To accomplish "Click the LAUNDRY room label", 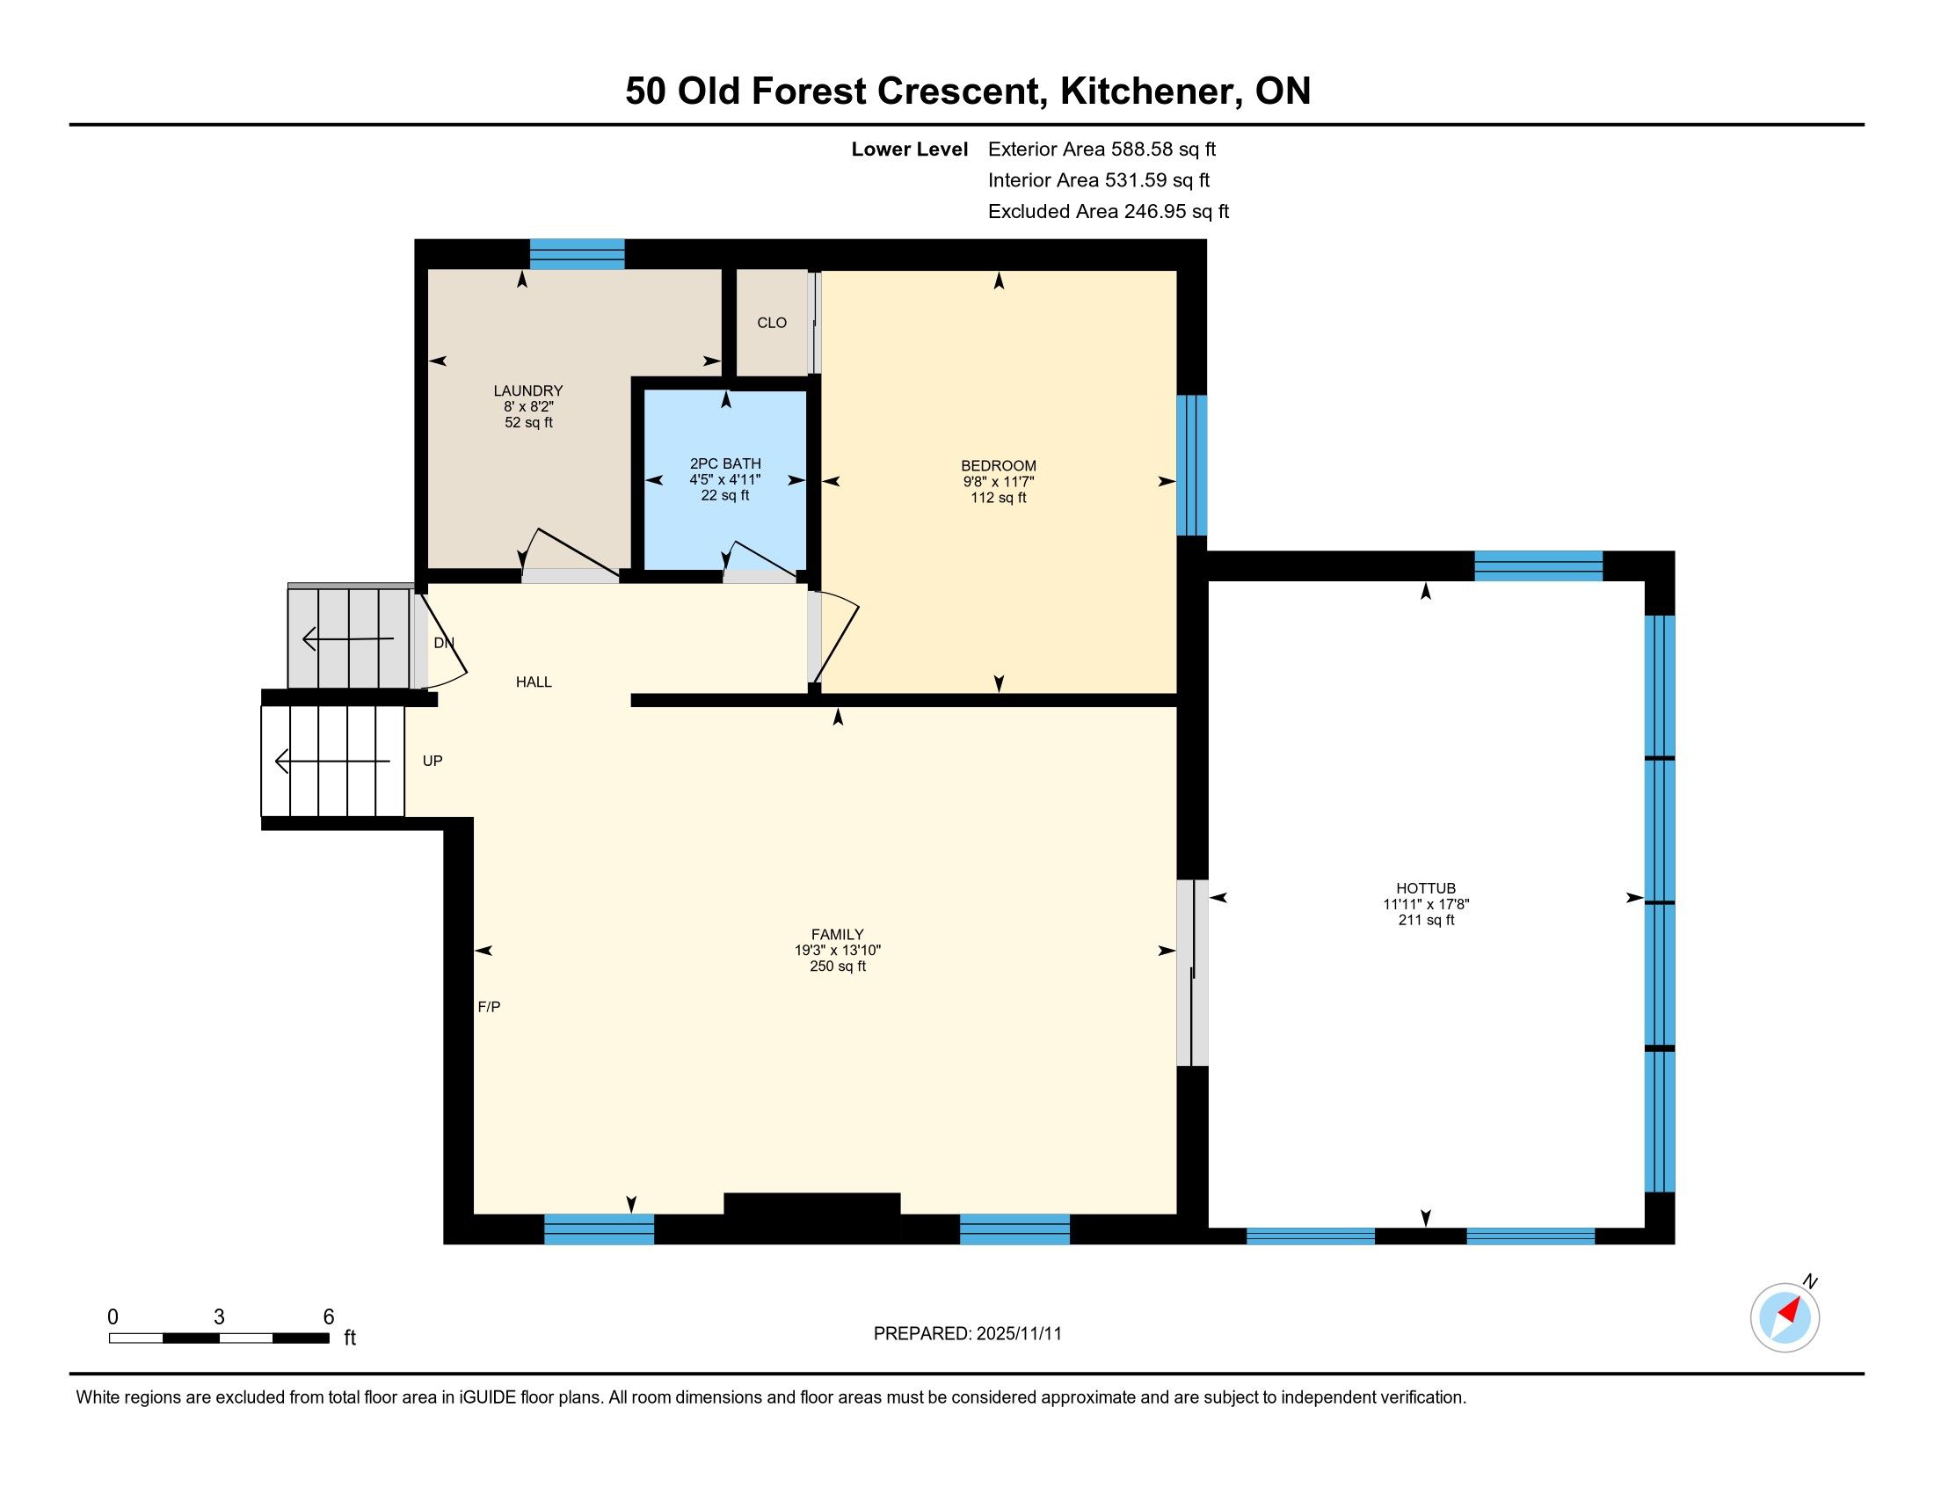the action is [x=527, y=390].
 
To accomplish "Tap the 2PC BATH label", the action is [x=725, y=463].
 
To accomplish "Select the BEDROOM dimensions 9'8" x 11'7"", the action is [x=998, y=482].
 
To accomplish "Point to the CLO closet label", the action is [x=771, y=323].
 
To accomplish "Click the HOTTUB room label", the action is [x=1426, y=888].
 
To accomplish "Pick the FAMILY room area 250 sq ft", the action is [x=838, y=966].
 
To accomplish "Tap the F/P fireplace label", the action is [x=489, y=1006].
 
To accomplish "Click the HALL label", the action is [x=534, y=682].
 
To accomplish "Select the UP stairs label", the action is [x=433, y=761].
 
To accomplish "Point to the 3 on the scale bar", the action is [x=219, y=1317].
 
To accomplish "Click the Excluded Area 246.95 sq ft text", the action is [x=1108, y=212].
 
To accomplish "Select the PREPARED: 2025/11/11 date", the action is [x=967, y=1334].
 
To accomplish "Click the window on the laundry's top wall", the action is [x=577, y=254].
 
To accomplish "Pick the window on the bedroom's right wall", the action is [x=1191, y=465].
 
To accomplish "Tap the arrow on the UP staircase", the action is [x=332, y=761].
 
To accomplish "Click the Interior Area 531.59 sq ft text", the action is [x=1098, y=180].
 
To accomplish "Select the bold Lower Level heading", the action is [x=910, y=149].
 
